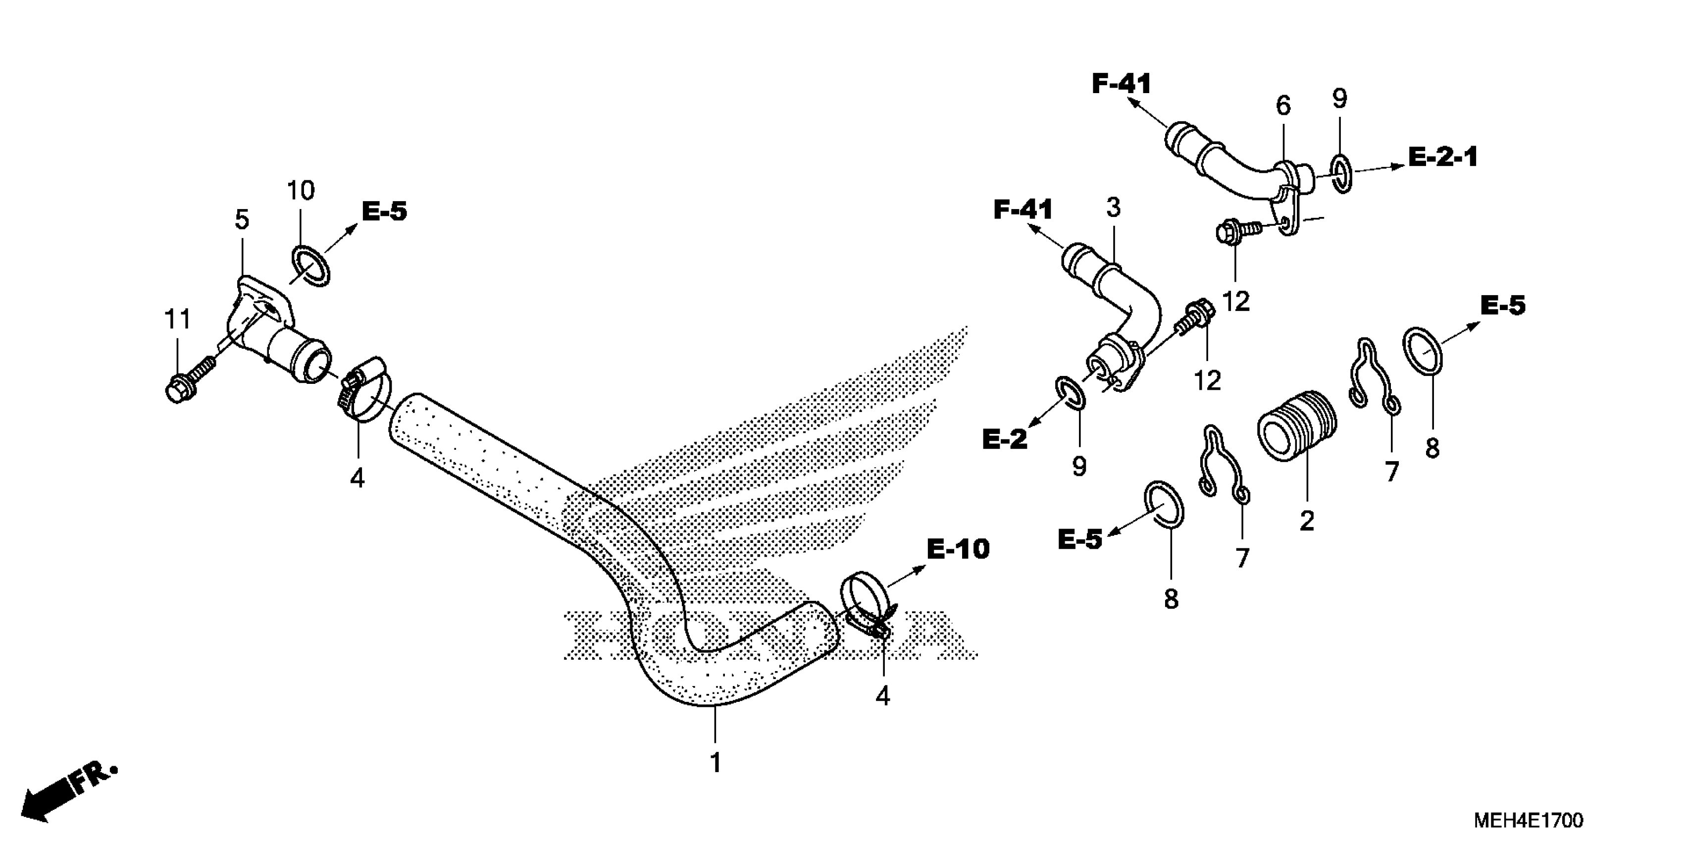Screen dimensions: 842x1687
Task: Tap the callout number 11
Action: pos(177,320)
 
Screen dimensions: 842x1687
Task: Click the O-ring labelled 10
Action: pos(310,265)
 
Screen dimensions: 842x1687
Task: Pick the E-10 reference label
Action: pos(958,549)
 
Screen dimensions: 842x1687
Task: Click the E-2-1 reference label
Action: pos(1443,158)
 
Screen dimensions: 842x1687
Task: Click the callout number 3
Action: pos(1113,208)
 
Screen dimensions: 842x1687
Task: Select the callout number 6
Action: pos(1283,105)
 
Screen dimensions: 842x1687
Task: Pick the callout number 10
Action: pos(301,191)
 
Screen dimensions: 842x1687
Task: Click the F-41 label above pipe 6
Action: pos(1121,84)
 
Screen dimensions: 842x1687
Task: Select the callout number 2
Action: pos(1307,522)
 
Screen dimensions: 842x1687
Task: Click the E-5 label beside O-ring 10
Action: pos(384,211)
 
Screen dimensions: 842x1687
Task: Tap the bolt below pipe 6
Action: pos(1231,231)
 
